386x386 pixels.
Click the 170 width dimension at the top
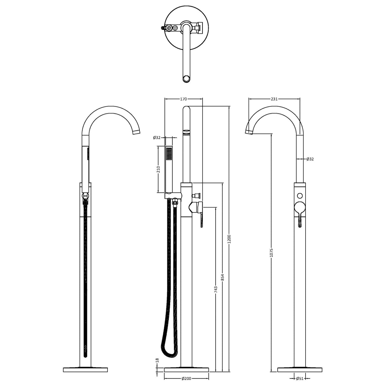pyautogui.click(x=183, y=99)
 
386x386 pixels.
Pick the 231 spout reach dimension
pyautogui.click(x=274, y=99)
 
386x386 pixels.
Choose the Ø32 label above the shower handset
pyautogui.click(x=156, y=138)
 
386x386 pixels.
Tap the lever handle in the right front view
pyautogui.click(x=300, y=219)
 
